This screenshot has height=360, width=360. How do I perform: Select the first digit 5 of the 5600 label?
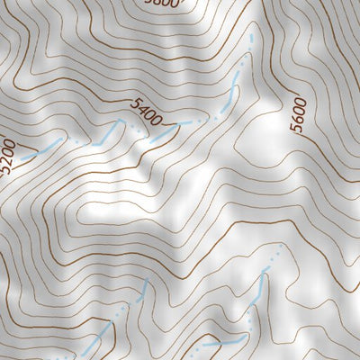point(298,130)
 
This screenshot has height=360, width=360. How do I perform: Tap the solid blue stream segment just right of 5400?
point(164,134)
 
